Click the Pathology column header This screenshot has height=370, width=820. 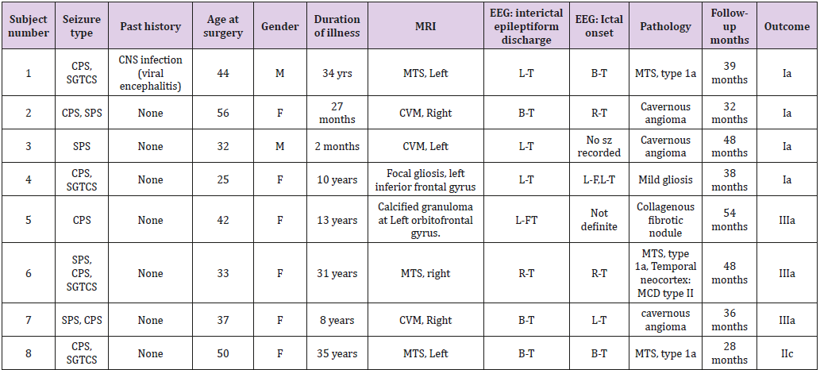point(665,26)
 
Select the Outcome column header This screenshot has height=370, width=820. point(786,26)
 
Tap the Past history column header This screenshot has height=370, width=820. point(150,26)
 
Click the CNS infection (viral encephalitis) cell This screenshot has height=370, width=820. point(150,73)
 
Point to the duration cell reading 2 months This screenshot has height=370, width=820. point(337,146)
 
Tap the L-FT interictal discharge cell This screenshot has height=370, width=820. point(526,220)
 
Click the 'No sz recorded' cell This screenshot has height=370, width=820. point(599,146)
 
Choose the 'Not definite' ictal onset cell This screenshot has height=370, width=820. point(599,220)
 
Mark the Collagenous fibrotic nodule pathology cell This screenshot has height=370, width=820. point(665,220)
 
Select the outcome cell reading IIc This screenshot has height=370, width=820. point(786,353)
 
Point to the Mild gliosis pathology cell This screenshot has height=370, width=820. point(665,179)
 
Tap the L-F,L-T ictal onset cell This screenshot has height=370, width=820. point(599,179)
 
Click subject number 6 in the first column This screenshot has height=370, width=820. point(29,274)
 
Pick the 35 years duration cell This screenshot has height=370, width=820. point(337,353)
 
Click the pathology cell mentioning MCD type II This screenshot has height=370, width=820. point(665,274)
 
